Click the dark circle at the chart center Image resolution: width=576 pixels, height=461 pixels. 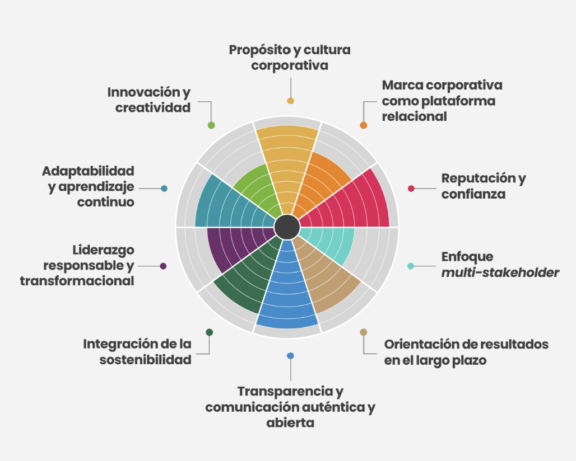287,227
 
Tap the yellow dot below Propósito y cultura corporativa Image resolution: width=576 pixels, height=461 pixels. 291,101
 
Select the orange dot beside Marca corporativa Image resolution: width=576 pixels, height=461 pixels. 363,125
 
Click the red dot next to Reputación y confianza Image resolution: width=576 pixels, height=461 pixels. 411,189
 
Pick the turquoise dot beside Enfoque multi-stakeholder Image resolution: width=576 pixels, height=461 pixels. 411,266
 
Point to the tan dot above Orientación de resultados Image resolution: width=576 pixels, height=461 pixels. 363,332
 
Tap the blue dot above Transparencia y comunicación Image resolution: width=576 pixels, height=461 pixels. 291,356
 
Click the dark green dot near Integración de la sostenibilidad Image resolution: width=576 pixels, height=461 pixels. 210,332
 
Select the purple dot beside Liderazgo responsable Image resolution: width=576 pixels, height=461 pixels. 164,266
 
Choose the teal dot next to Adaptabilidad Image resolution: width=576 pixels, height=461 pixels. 164,189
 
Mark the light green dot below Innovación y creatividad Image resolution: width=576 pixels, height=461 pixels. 211,125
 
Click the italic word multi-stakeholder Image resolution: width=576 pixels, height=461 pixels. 500,273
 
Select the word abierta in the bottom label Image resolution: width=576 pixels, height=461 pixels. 290,423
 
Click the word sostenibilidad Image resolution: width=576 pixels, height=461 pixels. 146,360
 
